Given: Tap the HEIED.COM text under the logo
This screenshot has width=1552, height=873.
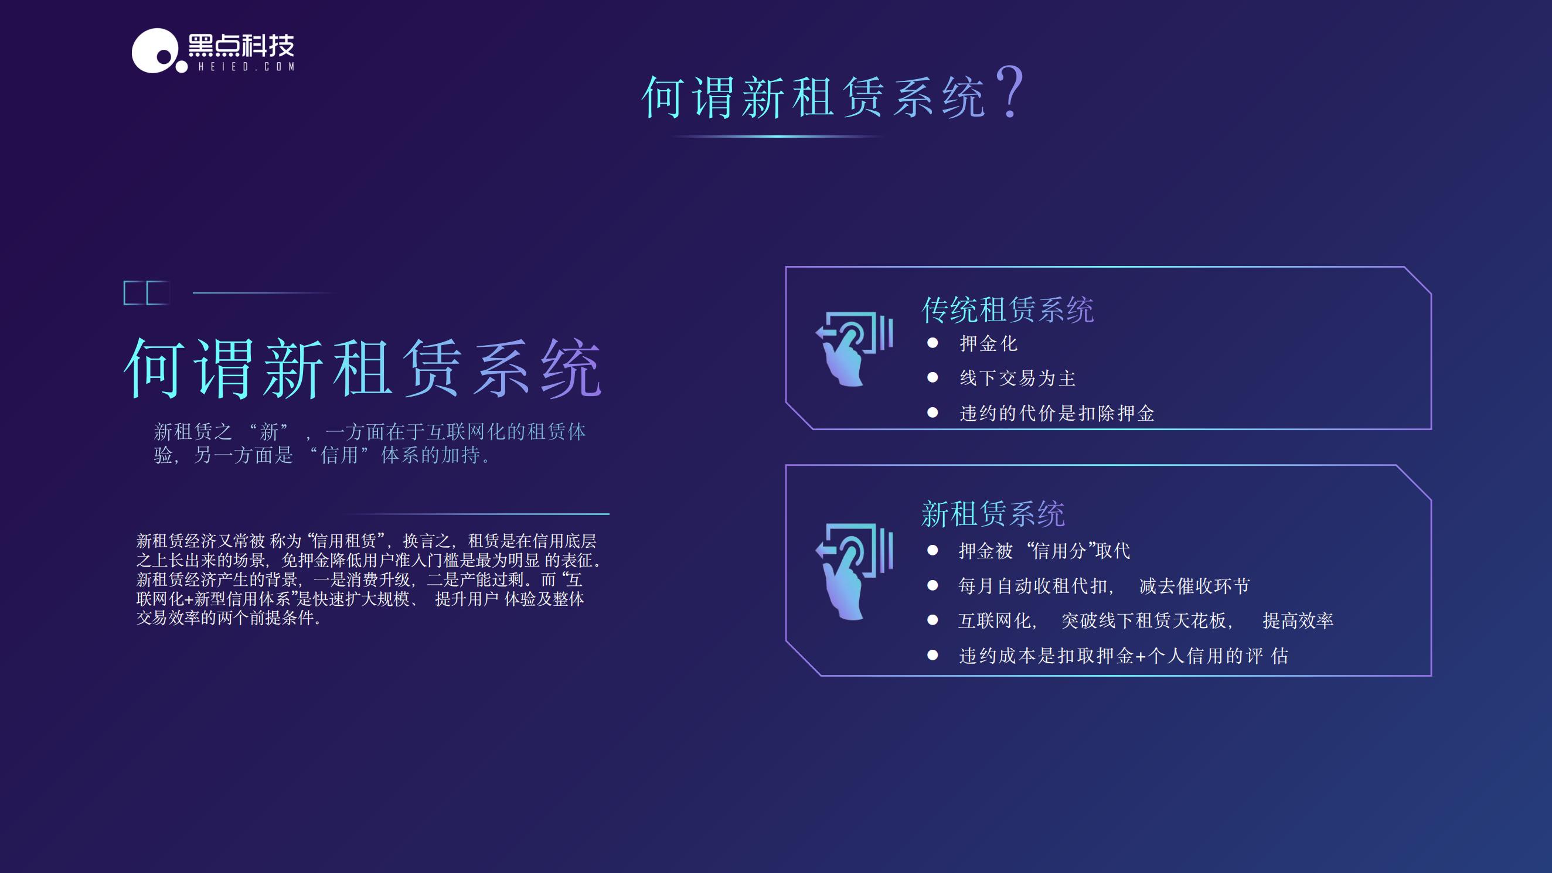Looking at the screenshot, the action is [246, 66].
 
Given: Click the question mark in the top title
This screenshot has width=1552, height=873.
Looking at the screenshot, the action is [1009, 92].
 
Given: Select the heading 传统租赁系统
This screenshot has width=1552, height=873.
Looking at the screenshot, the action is [1008, 310].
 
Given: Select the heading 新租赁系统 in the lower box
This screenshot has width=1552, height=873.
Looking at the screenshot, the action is [993, 514].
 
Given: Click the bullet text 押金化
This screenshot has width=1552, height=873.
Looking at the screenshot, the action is [988, 343].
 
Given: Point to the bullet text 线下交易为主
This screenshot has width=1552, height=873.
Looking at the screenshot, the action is [1017, 378].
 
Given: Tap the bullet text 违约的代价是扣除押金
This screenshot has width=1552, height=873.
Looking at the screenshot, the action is [1057, 412].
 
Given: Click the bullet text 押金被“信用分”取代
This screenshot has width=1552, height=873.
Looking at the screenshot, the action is [1044, 551].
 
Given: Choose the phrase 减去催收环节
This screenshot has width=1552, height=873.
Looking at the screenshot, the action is [1194, 586].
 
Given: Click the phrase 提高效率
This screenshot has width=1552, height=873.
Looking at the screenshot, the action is [1298, 620].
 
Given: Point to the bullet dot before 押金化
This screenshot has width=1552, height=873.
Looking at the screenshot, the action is [932, 343].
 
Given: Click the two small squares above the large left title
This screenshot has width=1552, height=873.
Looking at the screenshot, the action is [147, 293].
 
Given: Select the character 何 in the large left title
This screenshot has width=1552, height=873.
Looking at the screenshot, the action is [153, 367].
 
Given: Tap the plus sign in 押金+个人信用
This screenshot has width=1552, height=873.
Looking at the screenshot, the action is [1141, 656].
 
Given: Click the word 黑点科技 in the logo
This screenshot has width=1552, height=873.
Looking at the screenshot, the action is [241, 45].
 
